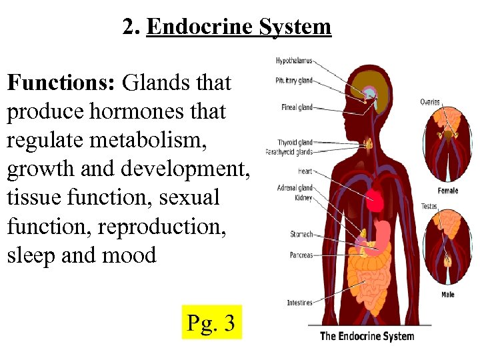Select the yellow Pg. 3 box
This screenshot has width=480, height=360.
(211, 323)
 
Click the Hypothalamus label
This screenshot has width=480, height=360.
(294, 61)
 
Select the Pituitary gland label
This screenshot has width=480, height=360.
(294, 81)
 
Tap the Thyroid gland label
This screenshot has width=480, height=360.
(295, 143)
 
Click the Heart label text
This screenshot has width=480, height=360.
(304, 171)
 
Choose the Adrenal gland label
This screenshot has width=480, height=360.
(294, 188)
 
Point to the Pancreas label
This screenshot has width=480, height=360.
(301, 255)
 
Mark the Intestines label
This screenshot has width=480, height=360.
(299, 303)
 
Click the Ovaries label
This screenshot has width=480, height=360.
(430, 102)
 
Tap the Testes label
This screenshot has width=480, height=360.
(429, 206)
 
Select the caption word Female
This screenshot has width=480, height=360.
(447, 191)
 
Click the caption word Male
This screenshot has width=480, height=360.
(447, 294)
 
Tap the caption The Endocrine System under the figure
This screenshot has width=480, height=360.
(367, 336)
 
